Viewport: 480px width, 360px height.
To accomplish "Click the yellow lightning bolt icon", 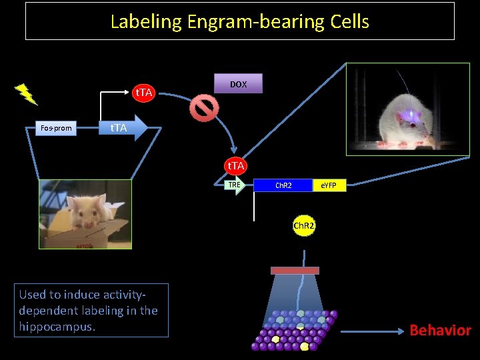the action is coord(27,94).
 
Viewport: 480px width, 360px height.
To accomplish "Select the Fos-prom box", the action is coord(56,127).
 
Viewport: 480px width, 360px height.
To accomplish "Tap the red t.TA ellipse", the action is coord(144,92).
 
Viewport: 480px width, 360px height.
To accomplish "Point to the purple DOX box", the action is coord(239,84).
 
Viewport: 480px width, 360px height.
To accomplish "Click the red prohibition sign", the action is coord(203,107).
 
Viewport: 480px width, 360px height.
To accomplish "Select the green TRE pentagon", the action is coord(234,185).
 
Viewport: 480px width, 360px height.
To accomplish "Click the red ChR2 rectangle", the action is coord(283,185).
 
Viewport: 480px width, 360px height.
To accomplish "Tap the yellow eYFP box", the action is coord(330,185).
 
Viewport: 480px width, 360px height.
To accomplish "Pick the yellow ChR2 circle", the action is coord(304,226).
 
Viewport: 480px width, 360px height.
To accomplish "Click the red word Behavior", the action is coord(440,330).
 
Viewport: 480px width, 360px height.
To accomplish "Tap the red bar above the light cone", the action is coord(295,270).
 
